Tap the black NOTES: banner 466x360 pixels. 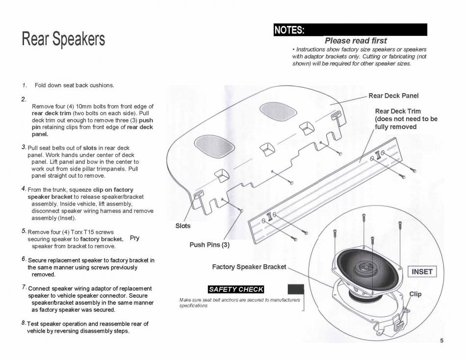click(x=350, y=30)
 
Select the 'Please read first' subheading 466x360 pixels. click(x=356, y=41)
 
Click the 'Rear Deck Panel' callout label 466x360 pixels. click(x=393, y=96)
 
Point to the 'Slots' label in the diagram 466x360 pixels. click(x=183, y=226)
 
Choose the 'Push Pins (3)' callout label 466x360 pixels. click(x=209, y=245)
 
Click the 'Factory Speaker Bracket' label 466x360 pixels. click(x=249, y=267)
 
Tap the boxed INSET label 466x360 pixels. click(x=422, y=272)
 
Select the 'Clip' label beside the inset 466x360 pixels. click(x=415, y=294)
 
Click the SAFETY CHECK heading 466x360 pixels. click(x=236, y=289)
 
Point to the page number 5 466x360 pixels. click(x=441, y=341)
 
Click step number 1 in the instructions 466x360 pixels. click(x=24, y=85)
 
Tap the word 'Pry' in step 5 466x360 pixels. click(x=135, y=238)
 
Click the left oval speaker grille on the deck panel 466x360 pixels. click(x=208, y=143)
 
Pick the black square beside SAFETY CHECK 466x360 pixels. click(x=295, y=289)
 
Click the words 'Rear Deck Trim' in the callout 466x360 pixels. click(x=398, y=111)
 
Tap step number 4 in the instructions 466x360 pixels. click(x=24, y=188)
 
